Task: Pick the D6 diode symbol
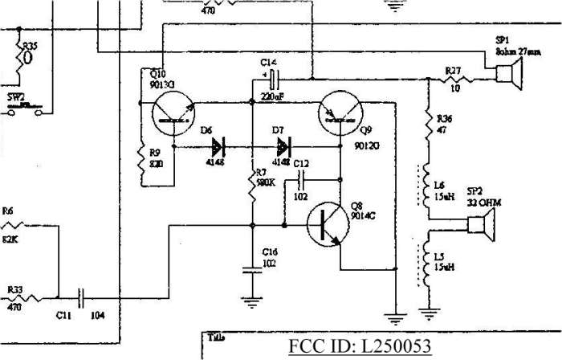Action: (x=218, y=148)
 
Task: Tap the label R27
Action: (x=453, y=72)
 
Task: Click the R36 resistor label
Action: (x=443, y=117)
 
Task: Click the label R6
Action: (x=8, y=210)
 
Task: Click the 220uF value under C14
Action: (x=272, y=96)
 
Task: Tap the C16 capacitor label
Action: (x=268, y=251)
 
